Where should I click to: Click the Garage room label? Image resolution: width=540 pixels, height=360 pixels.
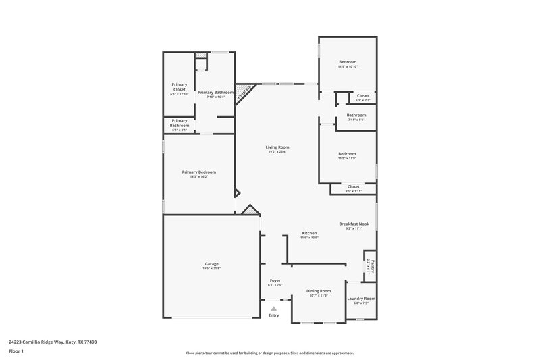click(211, 263)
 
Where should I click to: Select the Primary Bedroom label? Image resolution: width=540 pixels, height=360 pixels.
click(198, 172)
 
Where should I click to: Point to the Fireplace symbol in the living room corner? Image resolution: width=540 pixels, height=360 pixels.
click(245, 93)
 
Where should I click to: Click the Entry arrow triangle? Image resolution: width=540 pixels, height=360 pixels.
click(273, 308)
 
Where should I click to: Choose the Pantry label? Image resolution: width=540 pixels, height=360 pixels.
click(373, 263)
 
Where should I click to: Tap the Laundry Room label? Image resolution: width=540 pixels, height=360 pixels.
click(361, 298)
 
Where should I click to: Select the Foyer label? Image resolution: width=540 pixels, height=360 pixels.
click(275, 280)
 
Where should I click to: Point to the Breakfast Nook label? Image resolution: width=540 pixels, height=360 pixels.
click(354, 224)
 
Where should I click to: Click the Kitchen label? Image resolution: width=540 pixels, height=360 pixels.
click(309, 233)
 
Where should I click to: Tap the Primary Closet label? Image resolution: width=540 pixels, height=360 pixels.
click(179, 86)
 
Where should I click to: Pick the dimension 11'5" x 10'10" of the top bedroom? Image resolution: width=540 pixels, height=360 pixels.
click(348, 67)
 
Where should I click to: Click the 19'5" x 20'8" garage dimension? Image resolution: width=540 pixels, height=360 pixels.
click(211, 268)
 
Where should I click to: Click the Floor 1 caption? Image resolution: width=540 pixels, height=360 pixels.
click(17, 351)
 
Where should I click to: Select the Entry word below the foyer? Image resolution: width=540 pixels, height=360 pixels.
click(273, 315)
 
